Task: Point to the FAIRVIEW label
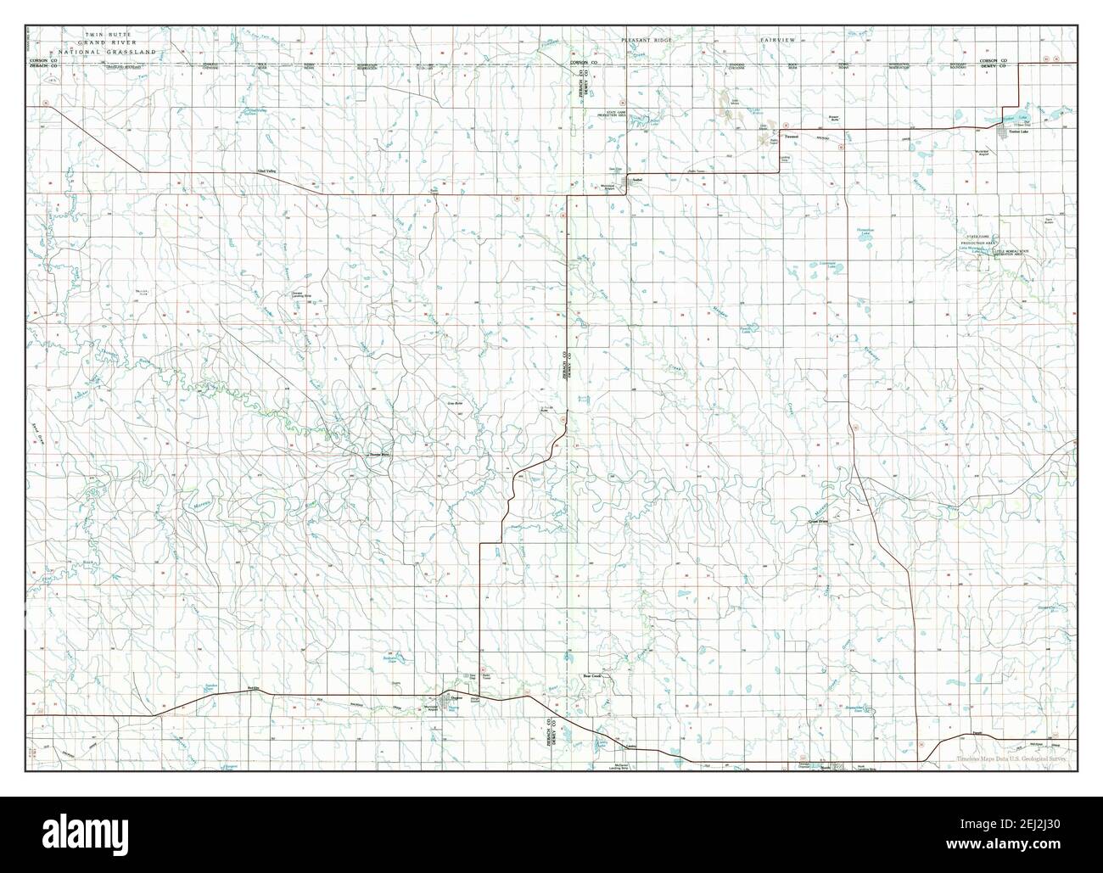(777, 40)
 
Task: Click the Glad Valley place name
(266, 171)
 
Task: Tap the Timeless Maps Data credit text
(1010, 759)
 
